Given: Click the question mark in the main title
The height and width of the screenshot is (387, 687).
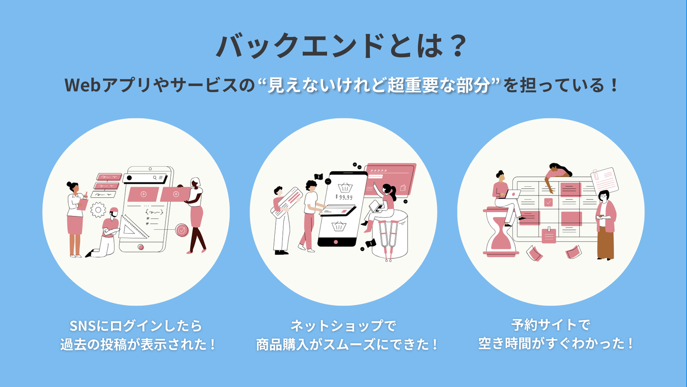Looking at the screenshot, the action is pos(458,46).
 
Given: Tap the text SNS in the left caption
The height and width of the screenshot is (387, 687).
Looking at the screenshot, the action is pos(82,326).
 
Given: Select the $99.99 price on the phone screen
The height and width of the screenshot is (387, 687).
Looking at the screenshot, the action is pos(344,197).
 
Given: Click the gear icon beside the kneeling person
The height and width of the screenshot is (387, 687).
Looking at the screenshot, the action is pos(98,210).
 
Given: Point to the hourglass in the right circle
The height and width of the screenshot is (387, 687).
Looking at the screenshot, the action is pos(500,232).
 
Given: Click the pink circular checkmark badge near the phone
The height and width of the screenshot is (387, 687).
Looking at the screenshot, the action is pos(182,230).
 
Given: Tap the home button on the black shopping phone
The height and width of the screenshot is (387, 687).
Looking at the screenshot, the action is pos(335,242).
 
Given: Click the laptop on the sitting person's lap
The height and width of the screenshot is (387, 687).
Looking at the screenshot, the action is pos(512,194).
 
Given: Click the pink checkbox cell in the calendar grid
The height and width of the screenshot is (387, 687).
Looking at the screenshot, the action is pos(548,202).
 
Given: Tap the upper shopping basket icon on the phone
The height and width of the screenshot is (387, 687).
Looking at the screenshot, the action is pos(345,187).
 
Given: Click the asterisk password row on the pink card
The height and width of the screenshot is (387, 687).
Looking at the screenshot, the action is pos(378,171).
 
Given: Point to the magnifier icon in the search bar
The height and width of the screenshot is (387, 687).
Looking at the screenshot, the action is pos(155,178).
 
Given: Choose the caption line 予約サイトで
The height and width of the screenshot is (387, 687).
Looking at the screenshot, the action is pos(551,325).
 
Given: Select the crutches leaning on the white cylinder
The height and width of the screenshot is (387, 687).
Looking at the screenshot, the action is pos(388,240).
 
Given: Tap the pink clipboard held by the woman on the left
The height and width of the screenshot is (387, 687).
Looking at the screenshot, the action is pos(82,204).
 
